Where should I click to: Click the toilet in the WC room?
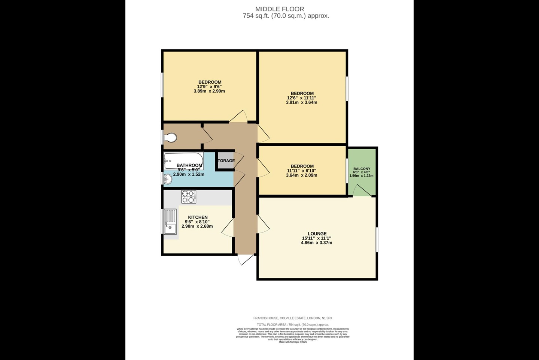(x=170, y=138)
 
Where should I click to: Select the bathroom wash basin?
(x=168, y=179)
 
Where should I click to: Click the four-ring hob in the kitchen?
(x=189, y=197)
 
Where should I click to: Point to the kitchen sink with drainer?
(x=170, y=222)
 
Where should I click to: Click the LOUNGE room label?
(x=317, y=234)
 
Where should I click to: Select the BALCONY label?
(x=362, y=169)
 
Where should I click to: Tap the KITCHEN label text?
(x=198, y=217)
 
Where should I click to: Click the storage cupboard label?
(x=226, y=161)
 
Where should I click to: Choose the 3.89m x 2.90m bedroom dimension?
(x=209, y=91)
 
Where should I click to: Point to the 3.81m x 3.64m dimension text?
(x=301, y=102)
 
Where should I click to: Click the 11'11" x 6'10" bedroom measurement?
(x=302, y=171)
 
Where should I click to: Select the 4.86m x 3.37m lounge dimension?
(x=317, y=243)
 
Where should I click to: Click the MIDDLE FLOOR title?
(x=280, y=9)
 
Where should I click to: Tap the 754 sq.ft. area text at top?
(x=286, y=16)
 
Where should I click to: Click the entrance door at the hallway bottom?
(x=246, y=259)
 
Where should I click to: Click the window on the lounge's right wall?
(x=377, y=239)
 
